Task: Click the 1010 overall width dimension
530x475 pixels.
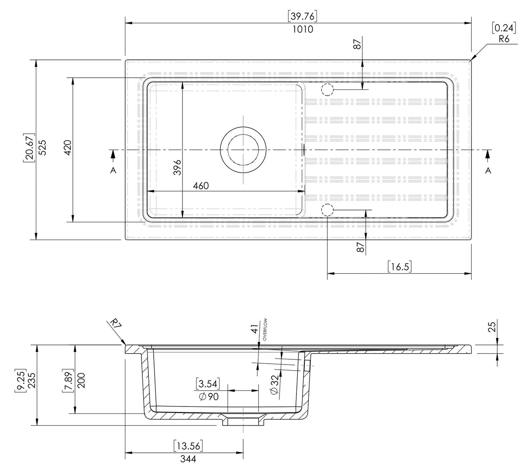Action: [303, 29]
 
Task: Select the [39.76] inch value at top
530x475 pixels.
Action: [303, 16]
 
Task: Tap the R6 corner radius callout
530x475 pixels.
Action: [504, 39]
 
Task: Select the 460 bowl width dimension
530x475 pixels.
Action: [200, 186]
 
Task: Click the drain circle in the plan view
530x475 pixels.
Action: [243, 149]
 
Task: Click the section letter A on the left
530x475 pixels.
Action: [113, 171]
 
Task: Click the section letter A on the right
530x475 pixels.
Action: [488, 171]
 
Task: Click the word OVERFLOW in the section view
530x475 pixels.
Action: [265, 330]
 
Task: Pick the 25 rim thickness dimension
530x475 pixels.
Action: [492, 327]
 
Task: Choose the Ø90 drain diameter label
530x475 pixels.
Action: [208, 396]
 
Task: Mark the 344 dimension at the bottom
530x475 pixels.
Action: [188, 459]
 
